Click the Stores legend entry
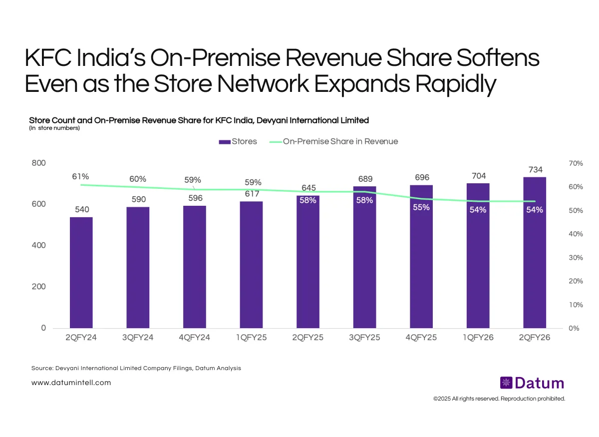238,141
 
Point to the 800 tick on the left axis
39,163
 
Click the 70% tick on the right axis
576,163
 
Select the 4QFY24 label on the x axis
194,338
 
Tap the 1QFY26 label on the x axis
478,338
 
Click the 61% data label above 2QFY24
80,176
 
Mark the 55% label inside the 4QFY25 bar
421,207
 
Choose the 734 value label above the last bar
535,169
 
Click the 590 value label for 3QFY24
138,199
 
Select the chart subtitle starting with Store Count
199,120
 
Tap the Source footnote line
136,368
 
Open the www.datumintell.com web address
71,383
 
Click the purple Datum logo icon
506,383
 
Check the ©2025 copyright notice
499,399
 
